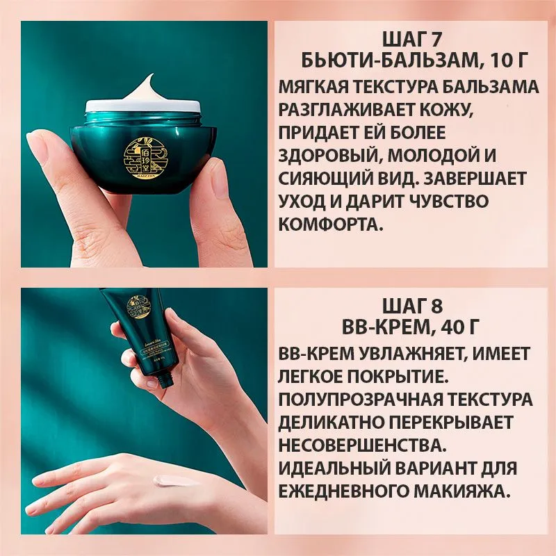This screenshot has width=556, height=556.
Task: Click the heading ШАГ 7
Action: click(415, 39)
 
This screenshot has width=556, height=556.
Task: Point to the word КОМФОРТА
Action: click(329, 224)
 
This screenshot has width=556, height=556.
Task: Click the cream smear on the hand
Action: click(173, 480)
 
